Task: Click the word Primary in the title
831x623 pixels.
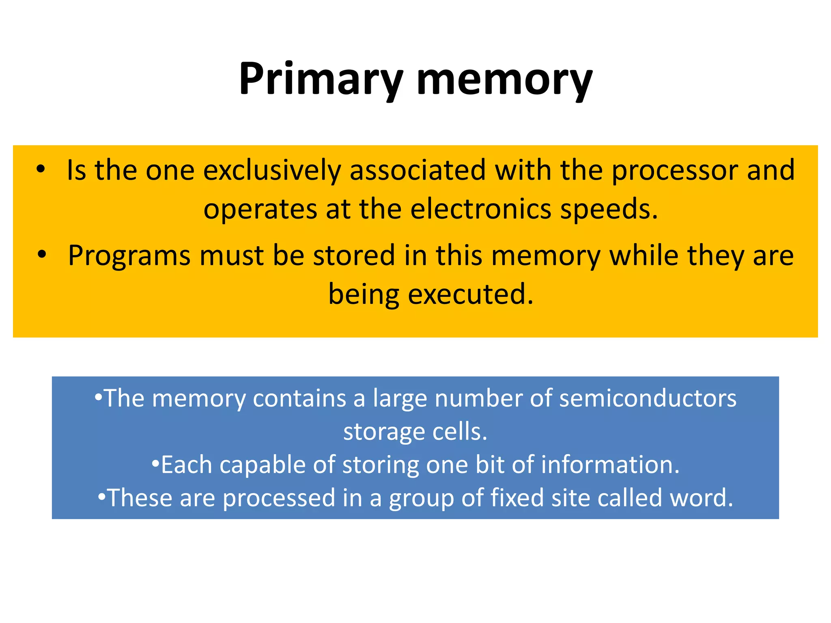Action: (x=321, y=79)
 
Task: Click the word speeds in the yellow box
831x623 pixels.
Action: (x=609, y=210)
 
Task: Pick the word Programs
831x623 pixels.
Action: (x=129, y=256)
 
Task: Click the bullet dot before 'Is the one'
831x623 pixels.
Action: (x=40, y=170)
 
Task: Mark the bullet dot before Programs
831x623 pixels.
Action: (x=41, y=255)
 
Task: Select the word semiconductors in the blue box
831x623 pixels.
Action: (x=648, y=398)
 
